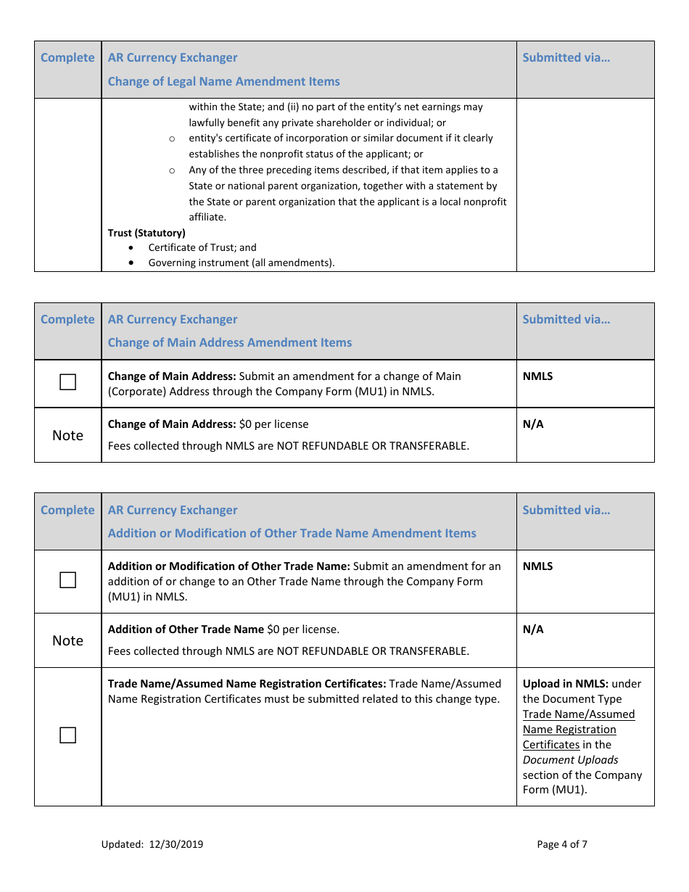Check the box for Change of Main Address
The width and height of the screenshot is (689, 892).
click(67, 382)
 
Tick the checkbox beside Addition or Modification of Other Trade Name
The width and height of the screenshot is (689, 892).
click(67, 580)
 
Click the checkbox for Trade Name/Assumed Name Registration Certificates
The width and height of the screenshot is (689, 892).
click(67, 735)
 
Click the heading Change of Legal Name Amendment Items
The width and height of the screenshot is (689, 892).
click(223, 81)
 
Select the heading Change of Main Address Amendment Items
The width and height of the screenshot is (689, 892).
click(229, 342)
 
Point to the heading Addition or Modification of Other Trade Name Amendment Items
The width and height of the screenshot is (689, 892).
click(292, 533)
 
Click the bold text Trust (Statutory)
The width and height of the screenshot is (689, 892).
click(147, 233)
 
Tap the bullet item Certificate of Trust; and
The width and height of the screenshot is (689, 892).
click(202, 247)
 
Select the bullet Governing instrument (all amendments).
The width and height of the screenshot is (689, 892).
click(242, 263)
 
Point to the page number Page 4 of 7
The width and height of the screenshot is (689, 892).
click(562, 844)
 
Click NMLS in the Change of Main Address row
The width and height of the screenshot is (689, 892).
click(537, 376)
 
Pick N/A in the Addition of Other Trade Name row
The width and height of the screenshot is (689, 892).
click(533, 629)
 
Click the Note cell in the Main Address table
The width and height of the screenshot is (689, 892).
click(67, 435)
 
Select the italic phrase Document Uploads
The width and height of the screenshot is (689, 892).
click(570, 760)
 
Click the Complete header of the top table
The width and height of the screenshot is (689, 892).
click(67, 58)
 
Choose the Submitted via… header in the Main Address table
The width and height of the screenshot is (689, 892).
click(566, 319)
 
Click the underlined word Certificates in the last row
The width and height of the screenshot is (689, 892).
click(550, 745)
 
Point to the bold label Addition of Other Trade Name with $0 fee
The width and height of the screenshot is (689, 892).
click(186, 629)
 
